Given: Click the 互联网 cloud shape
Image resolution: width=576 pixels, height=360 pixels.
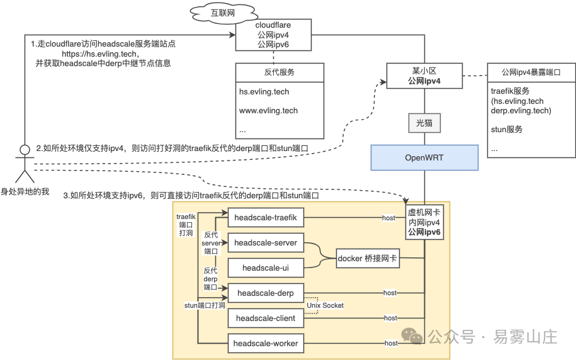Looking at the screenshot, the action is click(223, 14).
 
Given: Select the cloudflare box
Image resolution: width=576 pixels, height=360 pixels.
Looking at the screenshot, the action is click(273, 35).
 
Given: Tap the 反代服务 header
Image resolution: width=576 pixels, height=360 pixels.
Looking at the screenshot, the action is click(280, 72).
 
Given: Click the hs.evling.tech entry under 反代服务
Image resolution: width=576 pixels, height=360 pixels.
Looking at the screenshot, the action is click(264, 92).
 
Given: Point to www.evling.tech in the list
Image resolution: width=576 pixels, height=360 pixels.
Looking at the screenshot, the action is click(269, 111).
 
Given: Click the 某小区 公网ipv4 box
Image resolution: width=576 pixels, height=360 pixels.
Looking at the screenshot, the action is click(424, 76).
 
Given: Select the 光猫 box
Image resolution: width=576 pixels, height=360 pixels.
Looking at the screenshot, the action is click(424, 123).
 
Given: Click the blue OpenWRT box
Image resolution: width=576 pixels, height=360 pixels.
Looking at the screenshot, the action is click(424, 157).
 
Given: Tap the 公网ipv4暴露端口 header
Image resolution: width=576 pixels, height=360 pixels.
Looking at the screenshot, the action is click(531, 72).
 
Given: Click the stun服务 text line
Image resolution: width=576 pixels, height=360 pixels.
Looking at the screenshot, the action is click(507, 129).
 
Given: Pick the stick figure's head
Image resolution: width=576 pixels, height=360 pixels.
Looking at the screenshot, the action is click(25, 150).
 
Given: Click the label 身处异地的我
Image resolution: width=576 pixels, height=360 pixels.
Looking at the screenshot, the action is click(25, 191).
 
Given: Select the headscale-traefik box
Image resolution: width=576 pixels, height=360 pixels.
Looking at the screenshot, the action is click(266, 218).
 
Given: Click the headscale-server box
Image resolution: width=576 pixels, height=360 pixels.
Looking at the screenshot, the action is click(266, 242).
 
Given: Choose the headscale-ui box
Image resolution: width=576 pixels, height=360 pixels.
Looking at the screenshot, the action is click(266, 267).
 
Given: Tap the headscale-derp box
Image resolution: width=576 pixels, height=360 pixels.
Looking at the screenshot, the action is click(266, 293).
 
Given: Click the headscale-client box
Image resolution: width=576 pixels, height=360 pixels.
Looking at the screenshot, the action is click(266, 318).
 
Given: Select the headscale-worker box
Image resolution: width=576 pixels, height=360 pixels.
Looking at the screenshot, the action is click(266, 343).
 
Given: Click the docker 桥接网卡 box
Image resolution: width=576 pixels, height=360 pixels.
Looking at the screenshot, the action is click(368, 258).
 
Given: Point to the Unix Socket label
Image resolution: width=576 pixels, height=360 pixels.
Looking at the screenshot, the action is click(325, 305).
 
